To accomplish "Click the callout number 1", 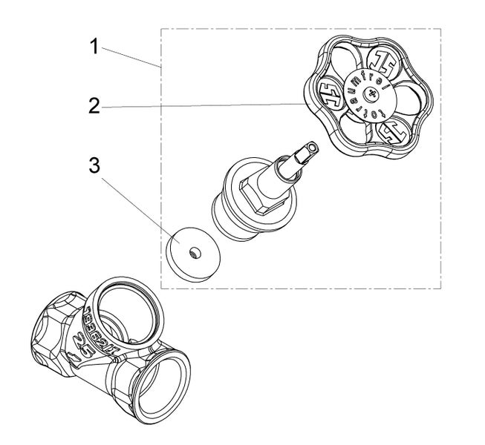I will [94, 47].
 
